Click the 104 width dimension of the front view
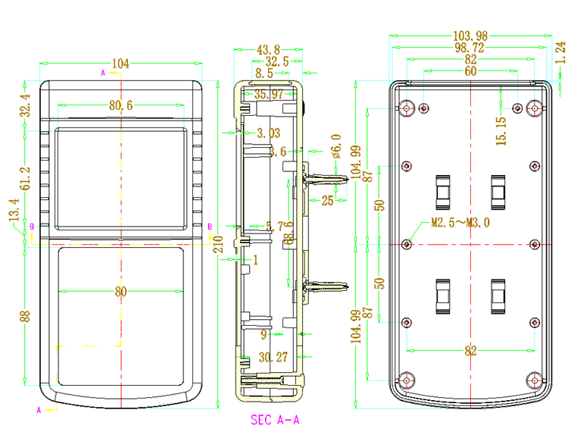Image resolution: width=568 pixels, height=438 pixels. coord(120,64)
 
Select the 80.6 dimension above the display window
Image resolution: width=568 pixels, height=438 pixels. coord(120,106)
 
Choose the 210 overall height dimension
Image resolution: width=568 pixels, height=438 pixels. coord(218,244)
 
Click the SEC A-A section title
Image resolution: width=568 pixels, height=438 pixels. coord(274,419)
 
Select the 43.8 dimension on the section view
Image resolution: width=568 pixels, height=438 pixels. coord(269,50)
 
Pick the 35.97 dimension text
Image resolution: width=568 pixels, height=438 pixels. coord(269,95)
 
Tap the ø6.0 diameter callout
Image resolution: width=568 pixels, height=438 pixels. coord(336,143)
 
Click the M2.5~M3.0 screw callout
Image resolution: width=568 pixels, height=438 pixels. coord(460,224)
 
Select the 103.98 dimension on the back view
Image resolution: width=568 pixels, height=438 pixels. coord(470,36)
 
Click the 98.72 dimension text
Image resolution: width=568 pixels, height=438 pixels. coord(470,48)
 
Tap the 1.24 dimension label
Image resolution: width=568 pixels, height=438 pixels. coord(560,51)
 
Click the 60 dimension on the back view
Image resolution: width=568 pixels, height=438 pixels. coord(470,71)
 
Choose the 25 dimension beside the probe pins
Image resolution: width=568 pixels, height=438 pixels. coord(328,201)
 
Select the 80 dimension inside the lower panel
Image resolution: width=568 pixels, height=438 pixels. coord(120,292)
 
